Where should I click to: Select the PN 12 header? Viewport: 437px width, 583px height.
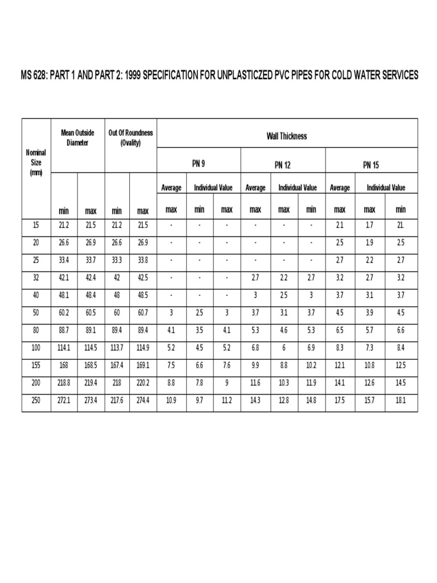pos(283,165)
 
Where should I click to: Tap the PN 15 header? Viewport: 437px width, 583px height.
pos(371,165)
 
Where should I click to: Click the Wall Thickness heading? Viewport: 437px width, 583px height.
pos(287,136)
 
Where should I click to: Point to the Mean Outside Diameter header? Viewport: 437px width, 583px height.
pos(77,137)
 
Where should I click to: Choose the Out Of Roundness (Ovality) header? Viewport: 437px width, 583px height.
pos(130,137)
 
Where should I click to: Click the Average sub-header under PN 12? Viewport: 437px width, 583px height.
pos(255,188)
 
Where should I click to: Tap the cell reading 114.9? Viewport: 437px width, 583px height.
pos(143,351)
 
